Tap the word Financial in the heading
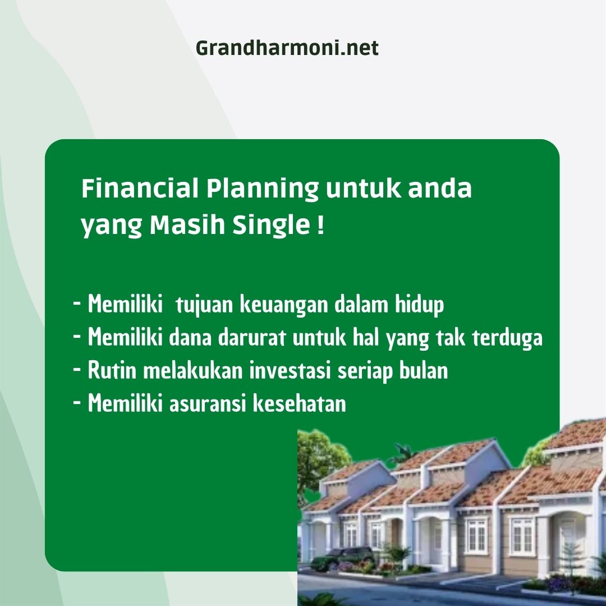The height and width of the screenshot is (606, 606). [x=140, y=188]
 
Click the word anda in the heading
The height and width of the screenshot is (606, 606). [x=440, y=188]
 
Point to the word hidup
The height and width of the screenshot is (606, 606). [x=419, y=305]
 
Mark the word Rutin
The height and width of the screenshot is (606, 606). [x=112, y=370]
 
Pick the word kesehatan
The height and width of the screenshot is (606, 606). [x=300, y=403]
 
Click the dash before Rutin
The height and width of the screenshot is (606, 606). [x=77, y=369]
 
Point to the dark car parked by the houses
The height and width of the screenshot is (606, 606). [x=342, y=558]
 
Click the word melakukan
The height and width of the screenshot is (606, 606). [x=193, y=370]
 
